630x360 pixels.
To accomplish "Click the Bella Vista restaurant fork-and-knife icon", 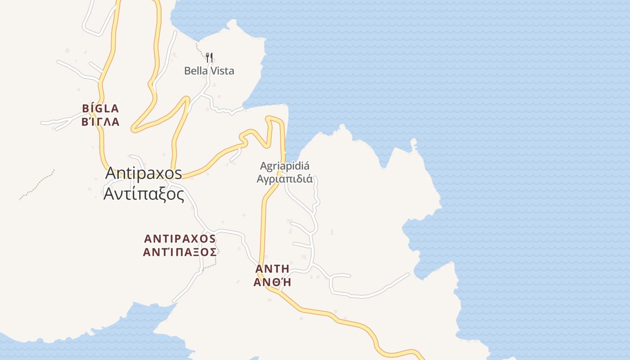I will click(x=209, y=57).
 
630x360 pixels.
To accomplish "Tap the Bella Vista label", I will click(x=209, y=71).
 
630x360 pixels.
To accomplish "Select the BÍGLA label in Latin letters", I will click(x=100, y=108).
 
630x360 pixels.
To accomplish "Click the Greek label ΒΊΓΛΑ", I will click(x=100, y=122).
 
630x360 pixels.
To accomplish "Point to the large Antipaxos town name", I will click(x=144, y=173).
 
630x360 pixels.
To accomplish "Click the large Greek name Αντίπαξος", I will click(x=144, y=194).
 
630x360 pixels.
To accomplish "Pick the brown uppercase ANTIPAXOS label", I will click(x=180, y=238).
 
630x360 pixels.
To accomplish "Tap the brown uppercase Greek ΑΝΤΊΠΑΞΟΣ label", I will click(x=180, y=252).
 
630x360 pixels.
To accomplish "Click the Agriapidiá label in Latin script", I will click(x=284, y=166).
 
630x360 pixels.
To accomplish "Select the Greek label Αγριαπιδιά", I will click(x=284, y=179).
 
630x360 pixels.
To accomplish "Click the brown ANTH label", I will click(x=272, y=269).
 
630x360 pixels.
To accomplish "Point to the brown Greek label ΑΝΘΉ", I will click(x=272, y=282).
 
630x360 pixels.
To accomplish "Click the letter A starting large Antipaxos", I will click(x=111, y=173).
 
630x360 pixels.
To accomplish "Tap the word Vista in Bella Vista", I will click(x=223, y=71).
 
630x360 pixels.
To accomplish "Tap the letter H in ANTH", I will click(x=284, y=269).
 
